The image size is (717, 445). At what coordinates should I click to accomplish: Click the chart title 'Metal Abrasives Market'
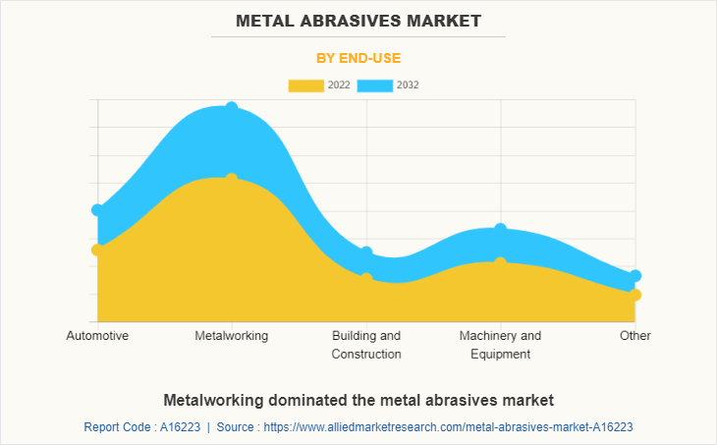point(358,20)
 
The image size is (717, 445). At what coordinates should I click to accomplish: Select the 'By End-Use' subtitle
point(358,58)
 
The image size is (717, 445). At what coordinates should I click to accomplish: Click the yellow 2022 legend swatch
point(305,85)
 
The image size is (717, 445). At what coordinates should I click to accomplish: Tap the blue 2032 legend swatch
point(374,85)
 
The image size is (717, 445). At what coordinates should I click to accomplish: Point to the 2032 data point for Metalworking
point(232,107)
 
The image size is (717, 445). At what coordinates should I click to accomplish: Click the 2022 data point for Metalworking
point(232,179)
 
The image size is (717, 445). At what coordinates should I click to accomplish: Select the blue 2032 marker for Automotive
point(97,210)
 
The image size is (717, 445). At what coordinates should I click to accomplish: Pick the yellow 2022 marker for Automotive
point(97,250)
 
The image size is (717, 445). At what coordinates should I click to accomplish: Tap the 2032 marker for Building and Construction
point(366,252)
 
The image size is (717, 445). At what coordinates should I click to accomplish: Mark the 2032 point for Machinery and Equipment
point(500,229)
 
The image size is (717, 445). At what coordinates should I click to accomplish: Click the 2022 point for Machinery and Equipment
point(500,262)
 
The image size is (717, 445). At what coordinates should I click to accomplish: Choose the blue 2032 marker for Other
point(635,276)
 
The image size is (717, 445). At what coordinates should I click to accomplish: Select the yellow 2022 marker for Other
point(635,295)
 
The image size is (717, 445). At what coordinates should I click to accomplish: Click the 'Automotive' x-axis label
point(97,336)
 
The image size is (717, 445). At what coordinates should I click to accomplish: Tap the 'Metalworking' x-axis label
point(232,336)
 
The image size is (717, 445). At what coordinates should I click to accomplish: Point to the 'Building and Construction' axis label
point(366,345)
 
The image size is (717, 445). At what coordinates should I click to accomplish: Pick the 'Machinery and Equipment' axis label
point(500,345)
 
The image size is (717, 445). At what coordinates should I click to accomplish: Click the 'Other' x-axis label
point(634,336)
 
